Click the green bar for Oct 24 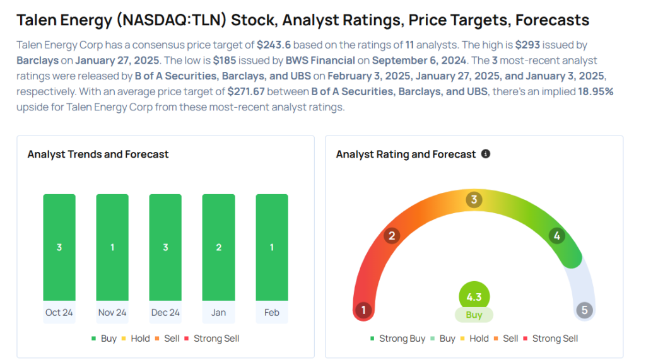(59, 247)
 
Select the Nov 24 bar (112, 247)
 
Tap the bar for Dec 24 (165, 247)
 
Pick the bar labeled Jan (218, 247)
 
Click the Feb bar (272, 247)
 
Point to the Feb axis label (272, 313)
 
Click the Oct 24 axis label (59, 313)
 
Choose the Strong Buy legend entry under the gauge (397, 339)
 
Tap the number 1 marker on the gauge (363, 310)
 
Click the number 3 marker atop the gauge (474, 200)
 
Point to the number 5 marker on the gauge (585, 310)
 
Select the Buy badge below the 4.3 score (474, 315)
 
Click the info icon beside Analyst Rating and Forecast (486, 154)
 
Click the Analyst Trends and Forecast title (98, 154)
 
